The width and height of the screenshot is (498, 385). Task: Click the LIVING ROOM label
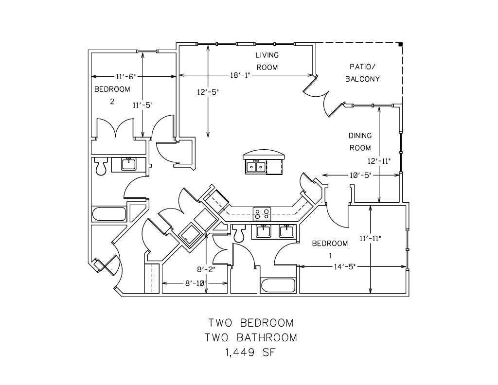click(267, 61)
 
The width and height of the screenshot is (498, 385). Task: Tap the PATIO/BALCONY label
click(362, 72)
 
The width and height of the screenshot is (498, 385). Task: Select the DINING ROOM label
click(360, 141)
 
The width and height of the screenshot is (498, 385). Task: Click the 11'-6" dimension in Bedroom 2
click(125, 76)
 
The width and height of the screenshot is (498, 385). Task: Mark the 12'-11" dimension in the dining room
click(379, 161)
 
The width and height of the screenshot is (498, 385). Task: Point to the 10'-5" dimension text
click(359, 175)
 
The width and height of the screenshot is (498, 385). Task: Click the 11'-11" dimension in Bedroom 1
click(371, 238)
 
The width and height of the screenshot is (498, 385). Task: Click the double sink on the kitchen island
click(256, 167)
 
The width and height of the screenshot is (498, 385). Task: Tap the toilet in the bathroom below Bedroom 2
click(101, 167)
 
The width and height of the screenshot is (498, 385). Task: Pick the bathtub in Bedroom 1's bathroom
click(278, 286)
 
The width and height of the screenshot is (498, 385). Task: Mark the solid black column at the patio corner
click(401, 44)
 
